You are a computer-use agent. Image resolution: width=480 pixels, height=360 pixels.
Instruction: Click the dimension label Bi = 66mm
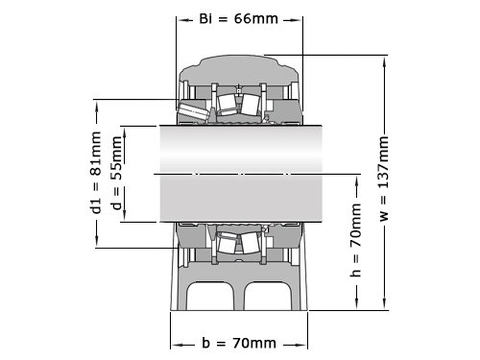point(238,19)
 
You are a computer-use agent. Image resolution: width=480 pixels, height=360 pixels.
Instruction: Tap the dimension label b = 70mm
point(239,343)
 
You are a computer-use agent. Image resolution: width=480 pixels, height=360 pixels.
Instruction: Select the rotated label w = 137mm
point(383,179)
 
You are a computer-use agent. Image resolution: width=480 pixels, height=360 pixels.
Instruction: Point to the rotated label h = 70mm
point(355,240)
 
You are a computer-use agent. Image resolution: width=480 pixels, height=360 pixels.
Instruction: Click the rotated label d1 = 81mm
point(95,172)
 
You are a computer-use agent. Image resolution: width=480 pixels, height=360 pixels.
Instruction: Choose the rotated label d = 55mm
point(117,173)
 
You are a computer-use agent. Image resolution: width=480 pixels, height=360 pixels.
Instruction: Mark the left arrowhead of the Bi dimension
point(183,20)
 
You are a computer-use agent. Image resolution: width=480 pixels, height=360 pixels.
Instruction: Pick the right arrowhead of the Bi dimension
point(296,20)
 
